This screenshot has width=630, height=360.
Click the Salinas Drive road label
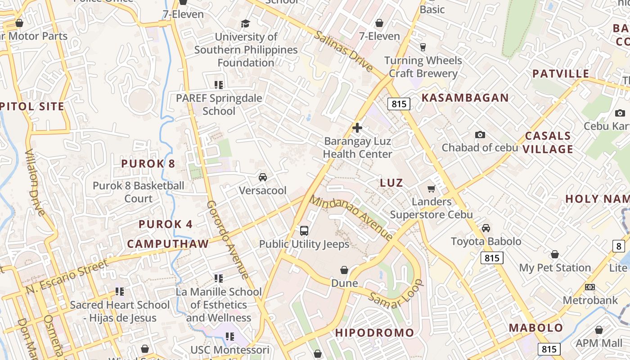(344, 51)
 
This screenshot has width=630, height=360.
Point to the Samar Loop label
(396, 294)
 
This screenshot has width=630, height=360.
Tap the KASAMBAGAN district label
(465, 98)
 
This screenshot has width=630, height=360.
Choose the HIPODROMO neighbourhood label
(374, 333)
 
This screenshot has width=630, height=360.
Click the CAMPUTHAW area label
(168, 244)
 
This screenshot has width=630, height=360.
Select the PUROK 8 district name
(148, 163)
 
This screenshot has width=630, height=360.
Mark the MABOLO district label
(536, 328)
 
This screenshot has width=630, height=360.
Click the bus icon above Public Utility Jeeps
(304, 231)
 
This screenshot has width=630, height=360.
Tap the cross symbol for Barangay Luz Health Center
(357, 128)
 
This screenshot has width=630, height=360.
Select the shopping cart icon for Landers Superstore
(432, 189)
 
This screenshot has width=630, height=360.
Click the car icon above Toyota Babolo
(486, 228)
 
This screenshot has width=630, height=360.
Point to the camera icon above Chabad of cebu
(480, 135)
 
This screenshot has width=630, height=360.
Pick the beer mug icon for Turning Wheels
(423, 47)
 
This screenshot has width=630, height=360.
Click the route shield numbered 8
(619, 246)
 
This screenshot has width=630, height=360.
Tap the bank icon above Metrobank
(590, 287)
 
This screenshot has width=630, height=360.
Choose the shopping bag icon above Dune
(344, 270)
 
